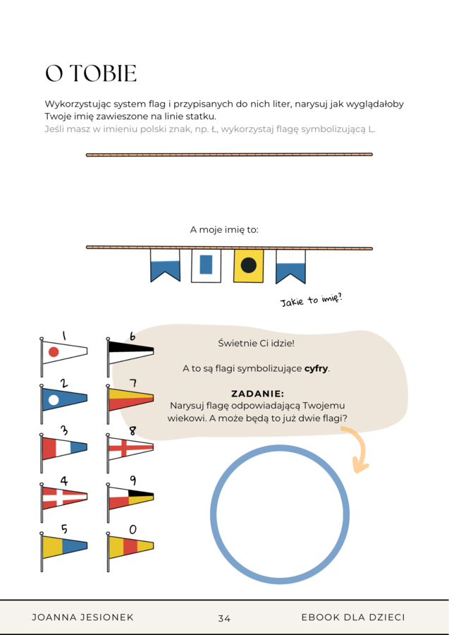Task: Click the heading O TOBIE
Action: point(91,74)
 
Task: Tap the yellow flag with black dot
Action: point(248,265)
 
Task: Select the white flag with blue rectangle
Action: point(206,265)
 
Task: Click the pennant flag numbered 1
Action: point(63,351)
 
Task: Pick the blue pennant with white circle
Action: point(63,399)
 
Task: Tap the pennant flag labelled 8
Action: point(130,447)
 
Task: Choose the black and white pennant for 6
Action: point(130,349)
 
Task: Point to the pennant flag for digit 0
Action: point(130,546)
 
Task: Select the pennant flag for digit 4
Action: point(63,497)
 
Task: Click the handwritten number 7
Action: point(133,383)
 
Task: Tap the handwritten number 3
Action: point(64,430)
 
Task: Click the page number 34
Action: point(224,618)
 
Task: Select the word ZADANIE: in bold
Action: point(257,394)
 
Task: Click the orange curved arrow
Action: point(358,449)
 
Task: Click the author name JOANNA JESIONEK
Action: point(82,617)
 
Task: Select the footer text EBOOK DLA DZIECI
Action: point(352,617)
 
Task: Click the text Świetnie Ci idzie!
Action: point(256,343)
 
